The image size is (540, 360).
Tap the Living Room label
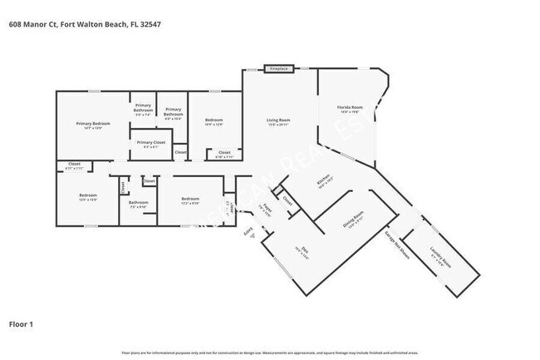pos(277,122)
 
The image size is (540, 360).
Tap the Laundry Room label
pos(441,264)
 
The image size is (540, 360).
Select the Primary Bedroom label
pos(93,126)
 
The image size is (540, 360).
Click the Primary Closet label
pos(151,144)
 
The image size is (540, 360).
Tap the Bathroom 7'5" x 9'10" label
pos(138,204)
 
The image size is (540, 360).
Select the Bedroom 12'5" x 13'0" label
pos(87,198)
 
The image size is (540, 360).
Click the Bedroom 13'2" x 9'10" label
pos(190,200)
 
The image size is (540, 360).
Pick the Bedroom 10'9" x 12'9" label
pos(214,122)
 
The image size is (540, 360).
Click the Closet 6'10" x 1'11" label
pos(224,154)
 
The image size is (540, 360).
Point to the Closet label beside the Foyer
pos(287,200)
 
